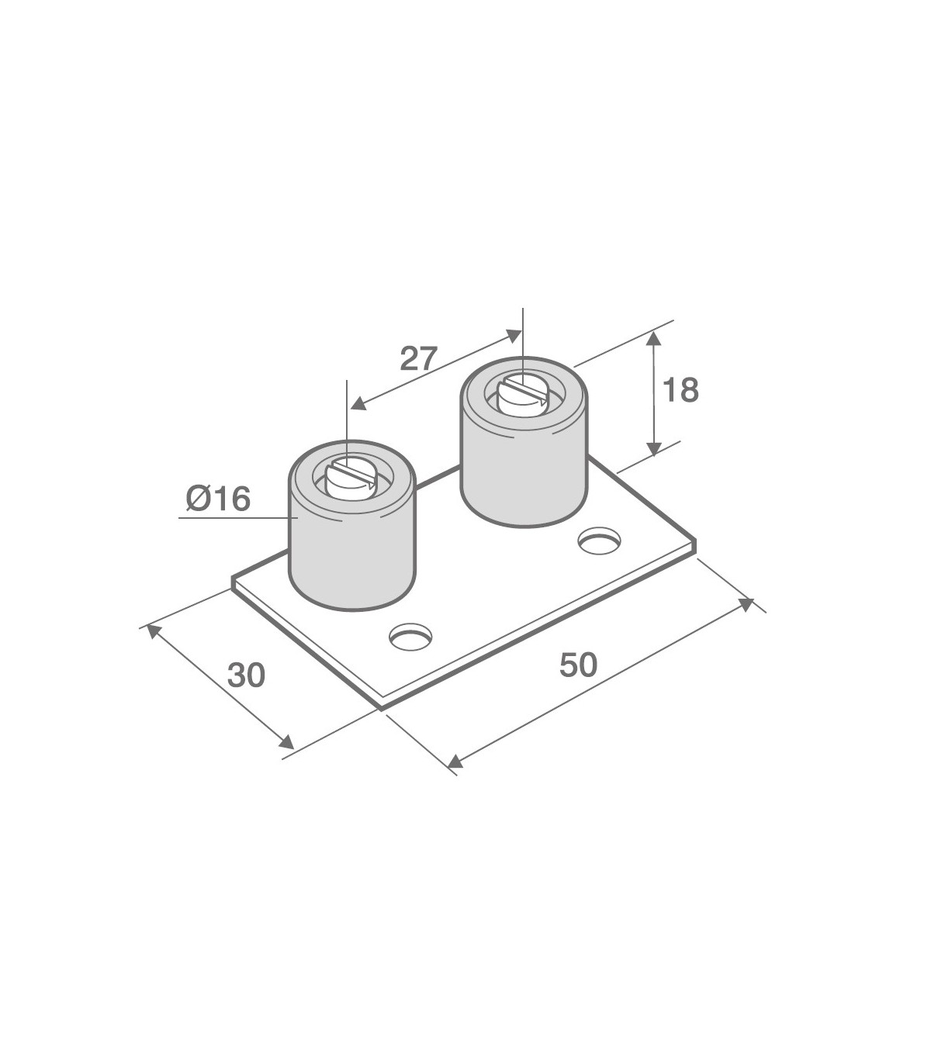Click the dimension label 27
pyautogui.click(x=419, y=359)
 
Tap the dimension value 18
pyautogui.click(x=680, y=390)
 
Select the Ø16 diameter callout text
pyautogui.click(x=219, y=499)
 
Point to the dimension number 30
pyautogui.click(x=246, y=675)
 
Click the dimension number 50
pyautogui.click(x=578, y=665)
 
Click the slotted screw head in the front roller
pyautogui.click(x=350, y=478)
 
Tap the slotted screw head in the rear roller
pyautogui.click(x=521, y=396)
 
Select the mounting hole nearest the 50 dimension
pyautogui.click(x=411, y=637)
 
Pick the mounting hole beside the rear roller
pyautogui.click(x=600, y=541)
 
